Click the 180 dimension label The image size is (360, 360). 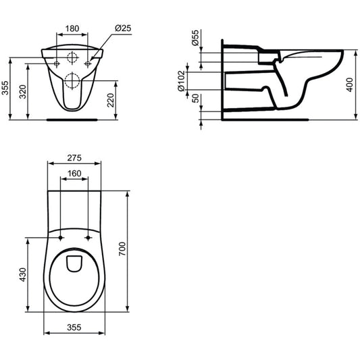[72, 28]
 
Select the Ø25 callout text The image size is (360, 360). [123, 28]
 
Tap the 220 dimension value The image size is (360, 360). [111, 100]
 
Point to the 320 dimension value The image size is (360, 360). [22, 92]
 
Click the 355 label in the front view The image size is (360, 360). [5, 88]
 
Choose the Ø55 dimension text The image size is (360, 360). [195, 38]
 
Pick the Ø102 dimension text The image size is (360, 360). [182, 81]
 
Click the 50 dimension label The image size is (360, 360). [195, 98]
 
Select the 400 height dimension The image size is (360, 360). [349, 84]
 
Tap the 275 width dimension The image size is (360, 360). [74, 158]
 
